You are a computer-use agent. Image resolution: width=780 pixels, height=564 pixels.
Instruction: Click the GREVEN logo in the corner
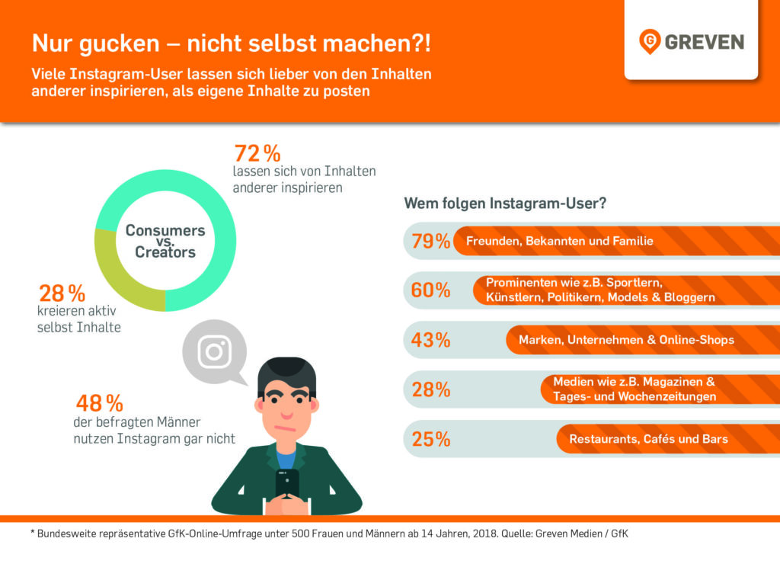692,41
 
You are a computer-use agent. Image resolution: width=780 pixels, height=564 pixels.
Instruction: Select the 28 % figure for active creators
62,294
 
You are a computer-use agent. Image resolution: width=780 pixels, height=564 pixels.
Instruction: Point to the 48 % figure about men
99,403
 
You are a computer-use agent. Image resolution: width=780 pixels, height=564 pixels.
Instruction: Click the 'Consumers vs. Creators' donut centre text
165,241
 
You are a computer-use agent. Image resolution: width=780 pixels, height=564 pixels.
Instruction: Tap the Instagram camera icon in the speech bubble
215,351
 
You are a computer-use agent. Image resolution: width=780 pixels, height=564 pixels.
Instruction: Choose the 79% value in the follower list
430,242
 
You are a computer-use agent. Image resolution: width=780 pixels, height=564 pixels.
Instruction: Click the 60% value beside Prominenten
430,291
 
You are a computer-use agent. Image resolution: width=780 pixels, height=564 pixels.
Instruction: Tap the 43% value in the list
430,341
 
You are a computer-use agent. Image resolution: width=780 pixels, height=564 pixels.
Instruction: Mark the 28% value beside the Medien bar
430,390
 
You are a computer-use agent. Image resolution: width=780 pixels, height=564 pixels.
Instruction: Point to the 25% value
430,440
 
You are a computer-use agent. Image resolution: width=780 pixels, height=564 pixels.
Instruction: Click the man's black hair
286,371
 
